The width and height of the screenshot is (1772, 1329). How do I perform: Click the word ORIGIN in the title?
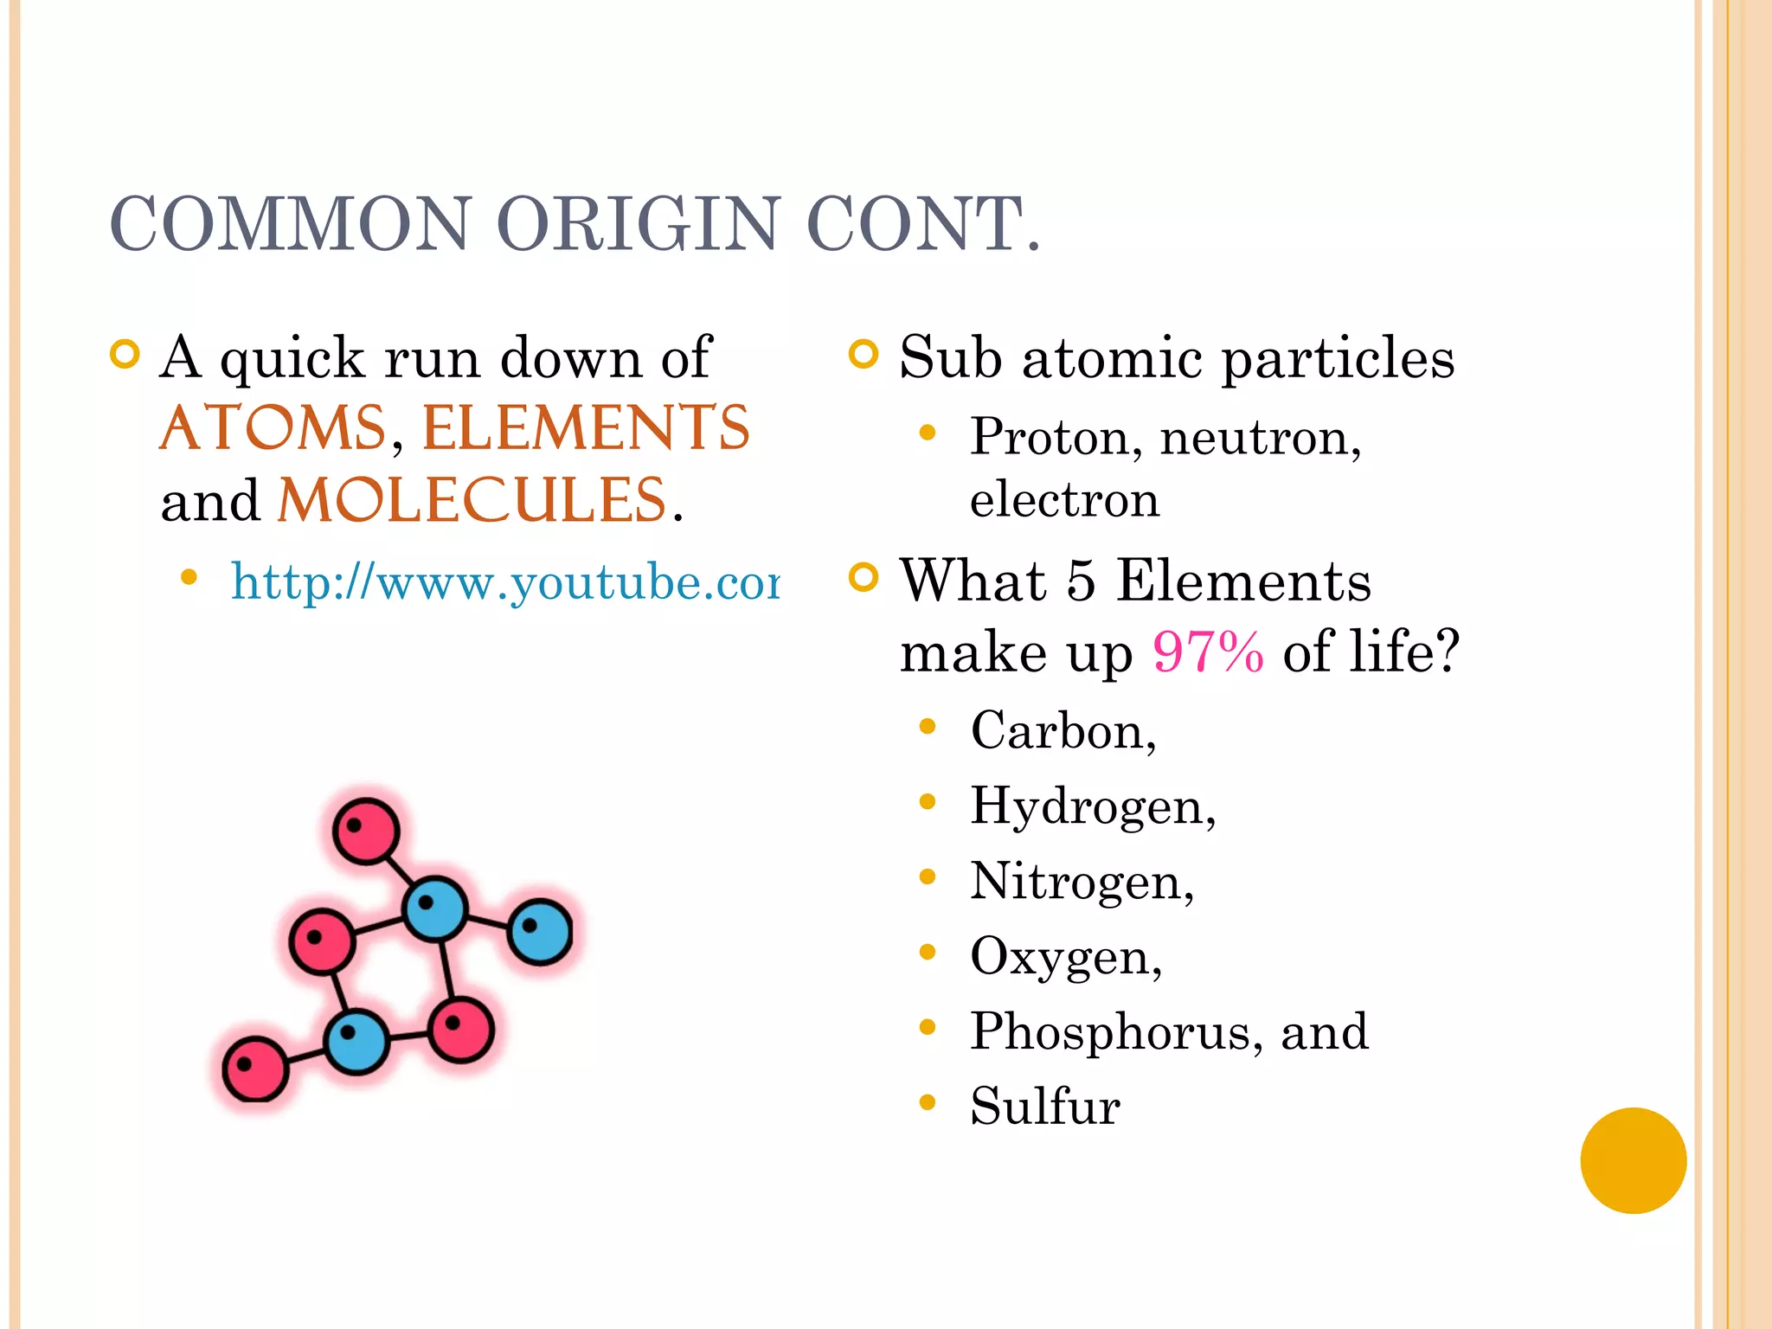click(x=638, y=223)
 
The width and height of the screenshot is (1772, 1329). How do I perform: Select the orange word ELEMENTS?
click(x=586, y=428)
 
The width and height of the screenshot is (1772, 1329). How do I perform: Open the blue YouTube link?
click(x=505, y=581)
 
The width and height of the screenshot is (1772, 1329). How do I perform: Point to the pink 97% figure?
click(x=1208, y=652)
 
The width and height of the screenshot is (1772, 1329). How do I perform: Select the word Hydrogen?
click(x=1088, y=806)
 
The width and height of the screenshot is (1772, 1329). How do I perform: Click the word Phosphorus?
click(x=1108, y=1031)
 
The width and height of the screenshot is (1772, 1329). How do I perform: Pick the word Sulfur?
click(x=1045, y=1106)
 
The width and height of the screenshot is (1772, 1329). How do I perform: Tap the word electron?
click(x=1064, y=500)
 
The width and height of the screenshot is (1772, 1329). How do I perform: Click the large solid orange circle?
click(x=1633, y=1160)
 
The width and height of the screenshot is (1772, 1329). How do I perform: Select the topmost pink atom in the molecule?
click(x=366, y=831)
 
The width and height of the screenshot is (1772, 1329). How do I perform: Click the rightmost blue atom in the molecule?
click(x=540, y=932)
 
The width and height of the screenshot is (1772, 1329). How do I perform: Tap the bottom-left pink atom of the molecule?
click(x=254, y=1069)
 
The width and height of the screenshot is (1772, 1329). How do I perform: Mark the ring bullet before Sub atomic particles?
click(x=864, y=355)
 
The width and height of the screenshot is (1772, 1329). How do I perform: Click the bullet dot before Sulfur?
click(x=928, y=1102)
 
